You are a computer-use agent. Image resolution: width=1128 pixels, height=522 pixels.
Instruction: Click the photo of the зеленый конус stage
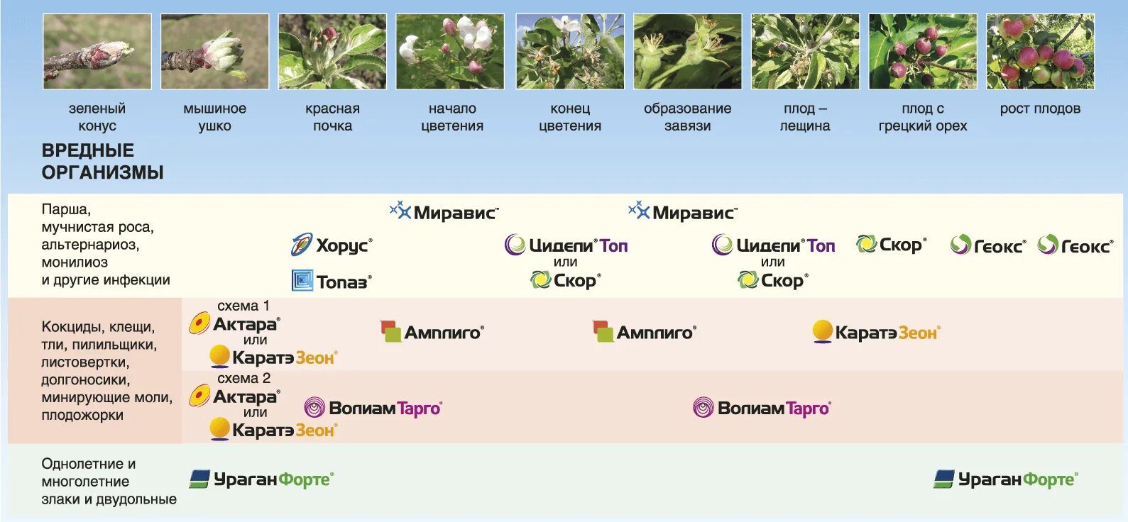click(x=97, y=52)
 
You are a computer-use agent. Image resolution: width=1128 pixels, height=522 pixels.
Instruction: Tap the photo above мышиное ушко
click(x=214, y=52)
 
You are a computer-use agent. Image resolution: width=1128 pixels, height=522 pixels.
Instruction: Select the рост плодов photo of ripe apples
click(x=1040, y=52)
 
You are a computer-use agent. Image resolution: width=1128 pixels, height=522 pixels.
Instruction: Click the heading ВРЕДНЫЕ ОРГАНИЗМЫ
click(x=102, y=161)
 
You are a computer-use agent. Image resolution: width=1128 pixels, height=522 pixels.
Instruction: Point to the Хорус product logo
click(x=332, y=245)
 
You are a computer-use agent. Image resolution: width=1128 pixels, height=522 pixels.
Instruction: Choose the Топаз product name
click(x=332, y=282)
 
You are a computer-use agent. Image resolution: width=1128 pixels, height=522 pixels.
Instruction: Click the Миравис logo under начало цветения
click(x=444, y=212)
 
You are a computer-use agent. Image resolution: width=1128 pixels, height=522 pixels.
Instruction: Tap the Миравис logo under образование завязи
click(x=683, y=212)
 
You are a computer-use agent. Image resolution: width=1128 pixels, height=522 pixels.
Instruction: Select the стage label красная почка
click(x=332, y=117)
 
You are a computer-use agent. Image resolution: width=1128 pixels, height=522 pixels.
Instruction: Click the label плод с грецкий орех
click(x=922, y=117)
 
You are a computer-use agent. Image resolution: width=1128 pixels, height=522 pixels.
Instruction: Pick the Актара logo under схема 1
click(x=235, y=324)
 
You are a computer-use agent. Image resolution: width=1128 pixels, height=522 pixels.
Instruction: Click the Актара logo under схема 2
click(x=235, y=396)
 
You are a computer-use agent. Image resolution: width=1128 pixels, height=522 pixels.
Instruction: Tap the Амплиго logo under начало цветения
click(x=432, y=332)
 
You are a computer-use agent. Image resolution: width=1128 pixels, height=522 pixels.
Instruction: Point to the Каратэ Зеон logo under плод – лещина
click(x=876, y=332)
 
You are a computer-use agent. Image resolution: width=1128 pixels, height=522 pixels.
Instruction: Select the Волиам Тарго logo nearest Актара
click(x=373, y=408)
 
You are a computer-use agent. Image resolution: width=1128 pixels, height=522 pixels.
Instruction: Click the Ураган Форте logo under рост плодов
click(x=1005, y=479)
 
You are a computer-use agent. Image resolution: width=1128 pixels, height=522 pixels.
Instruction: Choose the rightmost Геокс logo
click(x=1075, y=245)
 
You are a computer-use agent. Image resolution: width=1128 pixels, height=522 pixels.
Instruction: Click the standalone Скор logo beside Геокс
click(x=891, y=245)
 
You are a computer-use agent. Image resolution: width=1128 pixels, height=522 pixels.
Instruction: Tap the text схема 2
click(x=243, y=378)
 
